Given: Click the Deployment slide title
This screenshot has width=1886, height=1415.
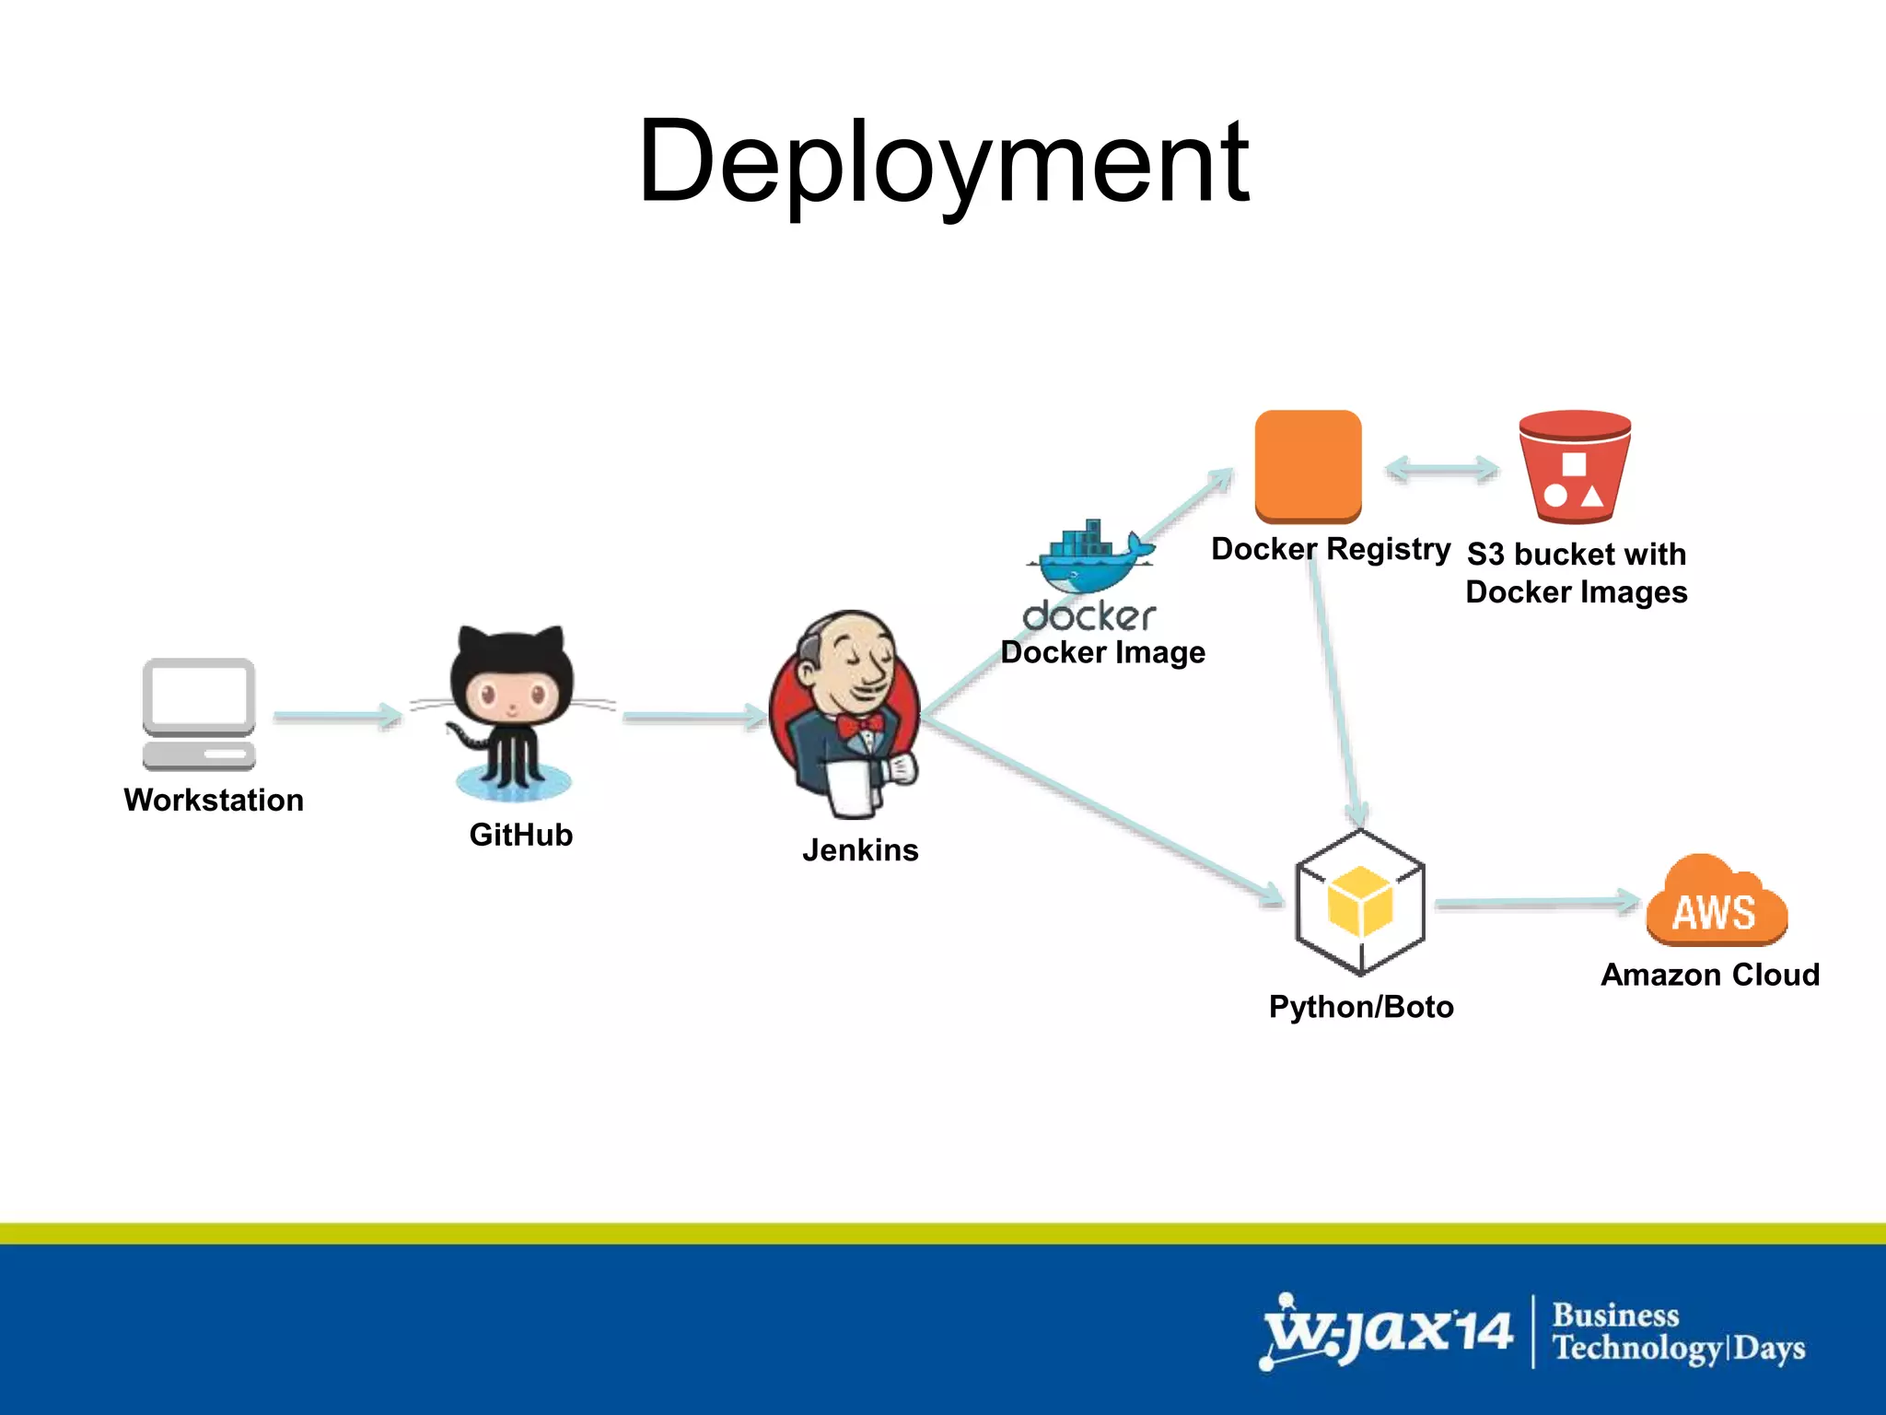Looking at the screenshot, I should point(943,164).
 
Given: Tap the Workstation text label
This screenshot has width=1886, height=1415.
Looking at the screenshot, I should point(214,800).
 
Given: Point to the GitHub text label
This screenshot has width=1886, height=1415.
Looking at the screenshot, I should point(520,835).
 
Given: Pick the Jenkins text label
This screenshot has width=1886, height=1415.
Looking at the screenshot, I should point(860,849).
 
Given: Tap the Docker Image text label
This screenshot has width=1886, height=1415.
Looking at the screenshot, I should point(1102,652).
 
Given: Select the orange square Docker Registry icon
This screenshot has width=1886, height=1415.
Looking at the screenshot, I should point(1308,466).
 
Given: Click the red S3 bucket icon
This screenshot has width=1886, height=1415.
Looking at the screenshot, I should point(1575,466).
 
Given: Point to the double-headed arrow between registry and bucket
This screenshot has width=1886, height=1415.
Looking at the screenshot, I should point(1442,469).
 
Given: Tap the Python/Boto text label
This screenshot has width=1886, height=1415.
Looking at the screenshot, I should point(1361,1007).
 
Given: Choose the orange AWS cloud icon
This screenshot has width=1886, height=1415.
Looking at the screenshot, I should point(1716,903).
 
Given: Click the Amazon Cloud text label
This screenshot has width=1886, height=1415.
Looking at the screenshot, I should point(1710,975).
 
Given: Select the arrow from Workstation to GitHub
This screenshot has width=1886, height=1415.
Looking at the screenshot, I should point(337,716).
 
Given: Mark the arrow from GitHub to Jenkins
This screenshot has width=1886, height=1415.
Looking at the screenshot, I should point(693,716).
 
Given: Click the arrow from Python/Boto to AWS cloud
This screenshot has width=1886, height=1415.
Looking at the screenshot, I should point(1536,903).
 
